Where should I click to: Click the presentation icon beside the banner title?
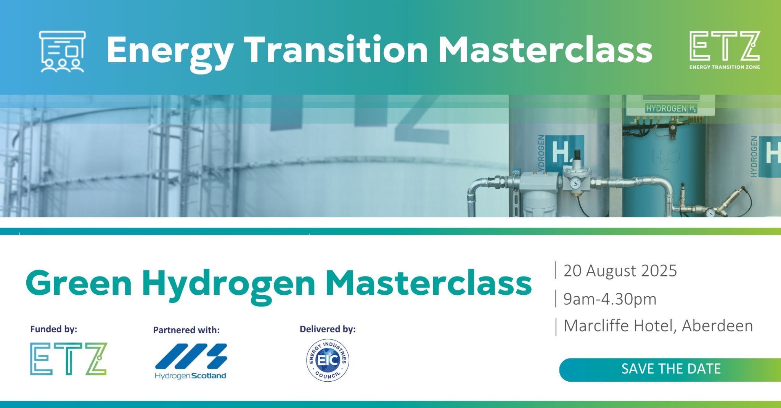pos(63,51)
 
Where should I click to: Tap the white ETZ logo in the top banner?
pos(725,50)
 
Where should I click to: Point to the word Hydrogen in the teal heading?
pos(228,286)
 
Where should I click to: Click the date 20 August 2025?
pos(620,271)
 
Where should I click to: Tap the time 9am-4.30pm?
pos(610,299)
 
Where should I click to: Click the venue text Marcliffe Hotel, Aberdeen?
pos(658,326)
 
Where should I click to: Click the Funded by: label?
pos(54,329)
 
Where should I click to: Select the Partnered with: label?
pos(186,330)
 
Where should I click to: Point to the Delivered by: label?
pos(328,329)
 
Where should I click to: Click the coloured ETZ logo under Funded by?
pos(69,359)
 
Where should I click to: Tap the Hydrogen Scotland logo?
pos(191,361)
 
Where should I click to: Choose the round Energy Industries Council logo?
pos(328,360)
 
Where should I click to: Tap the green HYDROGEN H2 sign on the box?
pos(671,109)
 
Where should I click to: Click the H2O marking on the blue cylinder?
pos(666,157)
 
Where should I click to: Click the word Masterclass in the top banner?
pos(546,50)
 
